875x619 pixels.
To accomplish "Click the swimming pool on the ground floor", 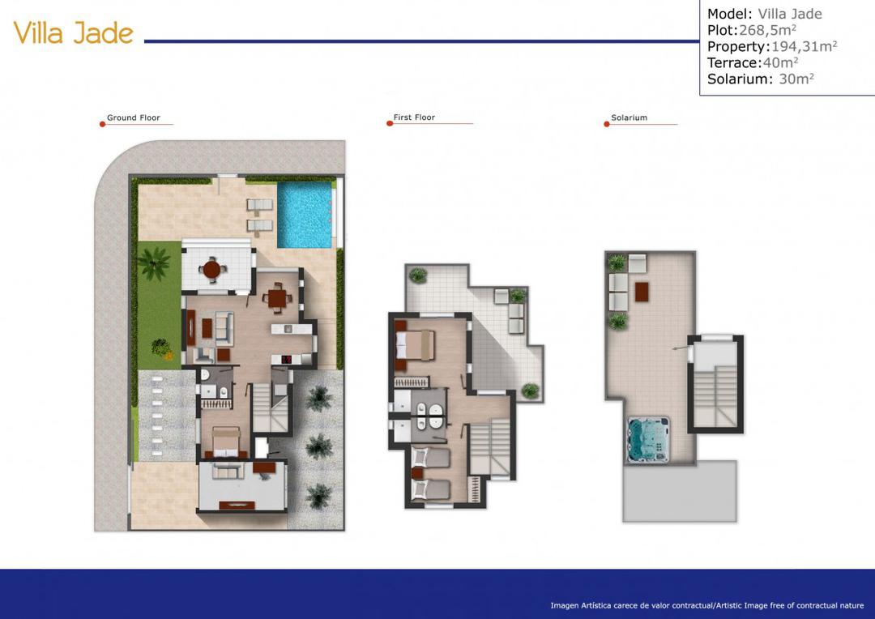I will click(305, 215).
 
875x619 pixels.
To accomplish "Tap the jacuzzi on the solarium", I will click(648, 439).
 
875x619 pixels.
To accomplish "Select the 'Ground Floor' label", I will click(134, 118).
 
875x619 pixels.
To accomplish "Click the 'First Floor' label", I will click(414, 117).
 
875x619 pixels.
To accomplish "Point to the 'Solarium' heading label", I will click(629, 118).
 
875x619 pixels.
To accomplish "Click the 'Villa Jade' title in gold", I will click(74, 33).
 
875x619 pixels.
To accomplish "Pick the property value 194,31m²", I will click(804, 46).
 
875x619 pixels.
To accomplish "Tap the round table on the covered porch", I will click(212, 268).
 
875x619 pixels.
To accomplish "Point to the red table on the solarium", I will click(642, 291).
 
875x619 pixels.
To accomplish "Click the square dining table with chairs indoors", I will click(278, 298).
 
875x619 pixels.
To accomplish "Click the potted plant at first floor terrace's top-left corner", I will click(417, 275).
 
